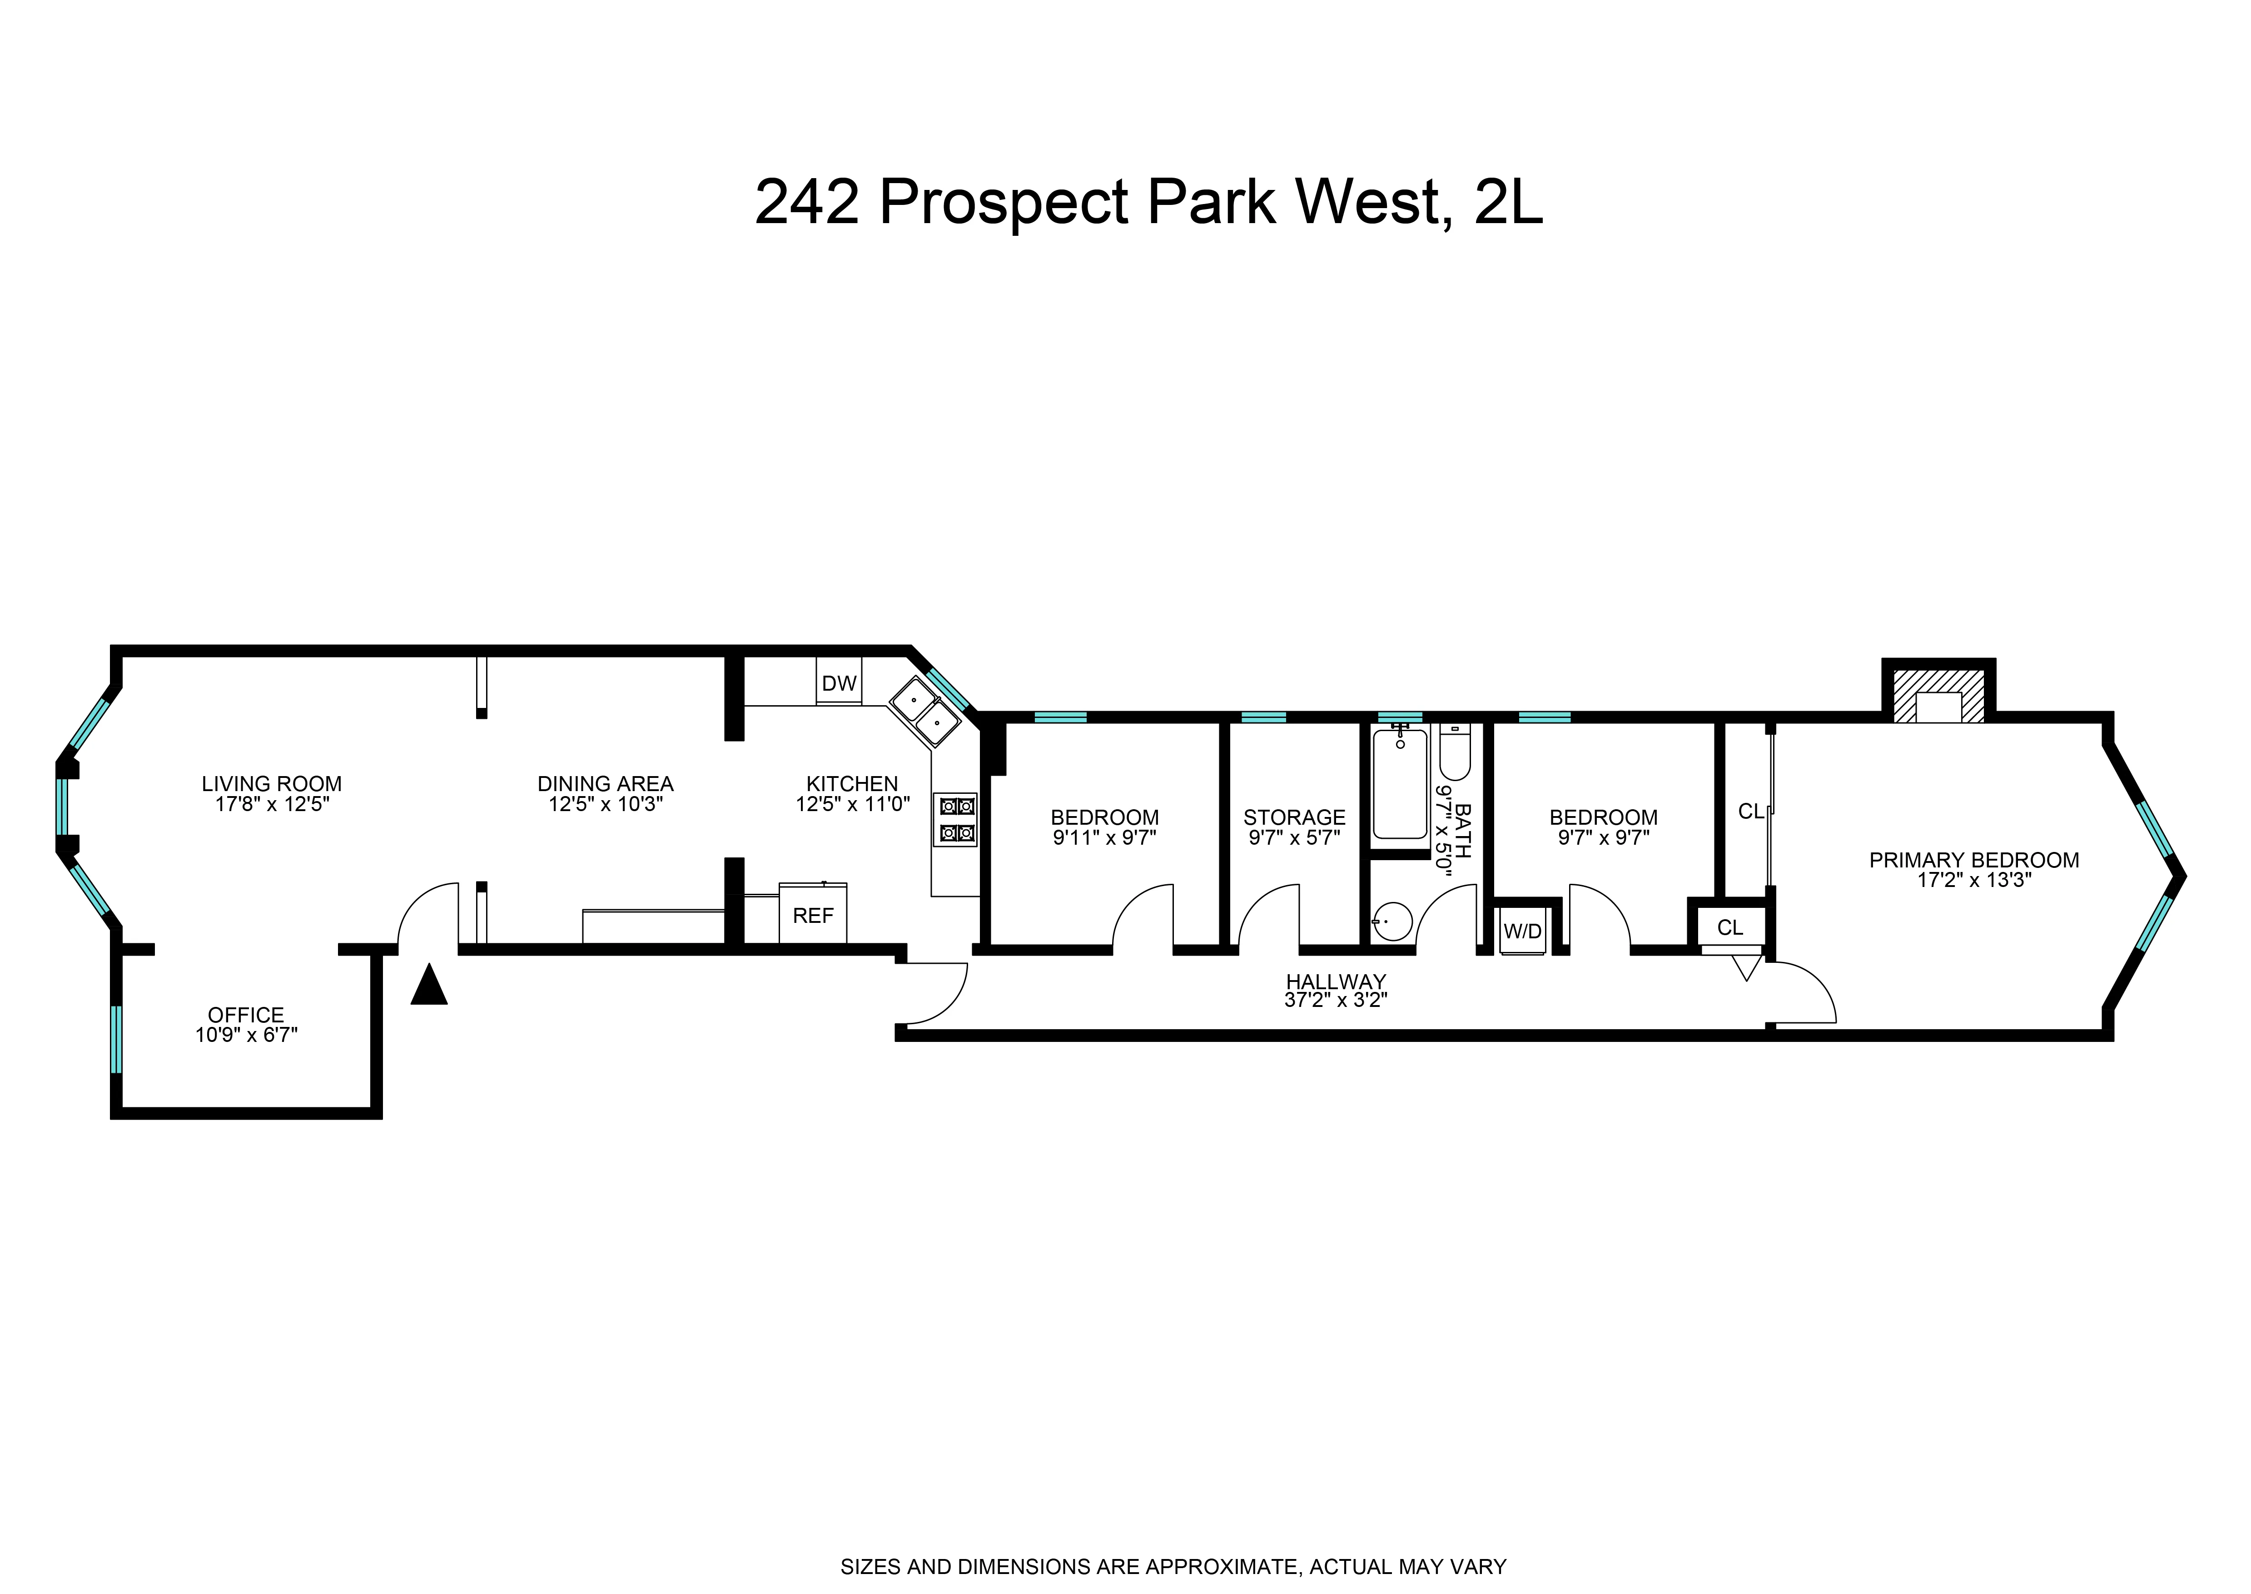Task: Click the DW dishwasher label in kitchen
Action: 839,683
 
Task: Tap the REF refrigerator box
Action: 812,915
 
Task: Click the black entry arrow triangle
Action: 429,986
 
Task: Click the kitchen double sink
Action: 924,712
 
